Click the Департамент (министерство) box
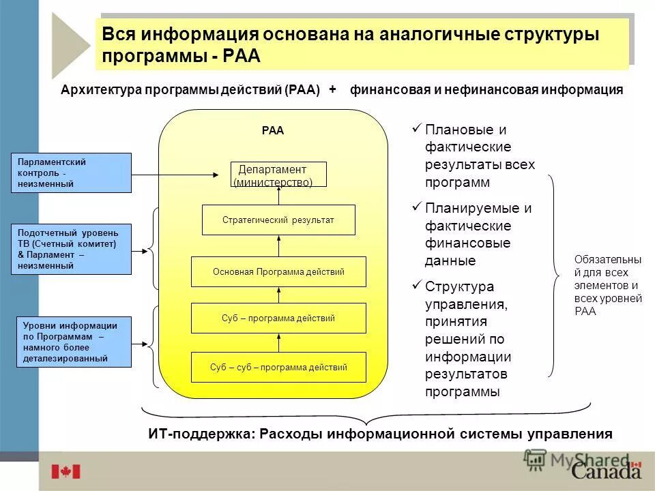278,175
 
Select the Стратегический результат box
278,220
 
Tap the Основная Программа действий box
278,271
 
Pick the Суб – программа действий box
278,318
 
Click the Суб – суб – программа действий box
278,367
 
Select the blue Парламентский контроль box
71,173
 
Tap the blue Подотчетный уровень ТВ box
71,250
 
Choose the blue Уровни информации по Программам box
74,342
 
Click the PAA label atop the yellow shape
272,131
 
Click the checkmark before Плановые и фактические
416,128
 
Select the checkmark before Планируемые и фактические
416,206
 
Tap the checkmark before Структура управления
416,284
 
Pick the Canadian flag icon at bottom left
65,471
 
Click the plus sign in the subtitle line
333,89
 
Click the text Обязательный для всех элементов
607,285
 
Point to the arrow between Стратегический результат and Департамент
279,196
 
